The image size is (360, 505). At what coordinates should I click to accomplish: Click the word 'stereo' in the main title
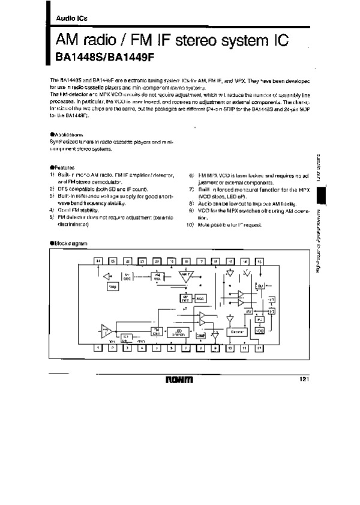(x=202, y=41)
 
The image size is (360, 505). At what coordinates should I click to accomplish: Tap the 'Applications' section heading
(x=71, y=135)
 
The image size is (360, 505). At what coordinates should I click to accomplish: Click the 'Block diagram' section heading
(x=68, y=242)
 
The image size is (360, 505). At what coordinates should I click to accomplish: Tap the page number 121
(x=304, y=378)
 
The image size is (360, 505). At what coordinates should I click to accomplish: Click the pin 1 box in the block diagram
(x=97, y=348)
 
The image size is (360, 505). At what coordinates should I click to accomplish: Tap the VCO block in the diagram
(x=260, y=331)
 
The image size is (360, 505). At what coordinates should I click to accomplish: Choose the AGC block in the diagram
(x=200, y=298)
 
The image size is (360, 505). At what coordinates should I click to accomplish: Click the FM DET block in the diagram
(x=156, y=331)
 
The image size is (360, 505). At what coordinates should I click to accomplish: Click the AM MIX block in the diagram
(x=155, y=277)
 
